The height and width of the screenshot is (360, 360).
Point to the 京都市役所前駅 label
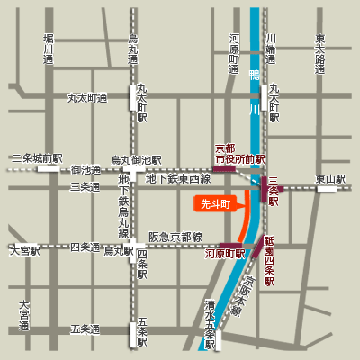coord(239,153)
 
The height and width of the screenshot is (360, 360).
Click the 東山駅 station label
coord(329,179)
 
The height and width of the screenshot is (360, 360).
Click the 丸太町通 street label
coord(87,98)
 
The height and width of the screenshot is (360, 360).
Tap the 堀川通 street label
coord(49,50)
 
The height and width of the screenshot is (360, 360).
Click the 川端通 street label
coord(271,50)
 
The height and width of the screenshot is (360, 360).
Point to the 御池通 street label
coord(86,169)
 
